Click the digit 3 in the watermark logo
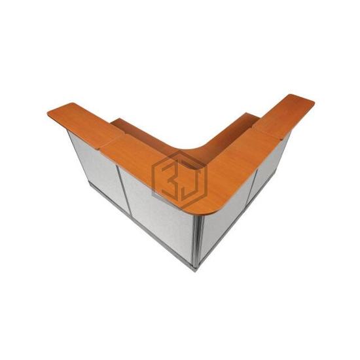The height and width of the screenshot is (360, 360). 171,179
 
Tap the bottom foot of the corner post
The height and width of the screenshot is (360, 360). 196,268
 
